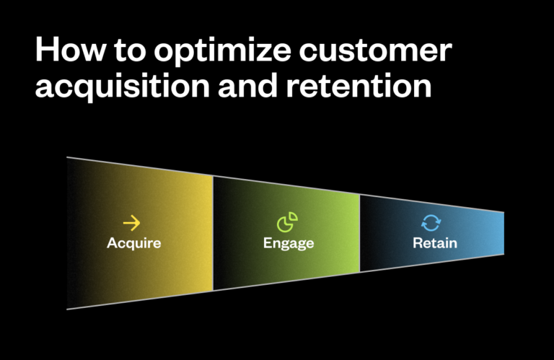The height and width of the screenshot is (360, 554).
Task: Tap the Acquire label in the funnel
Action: [134, 243]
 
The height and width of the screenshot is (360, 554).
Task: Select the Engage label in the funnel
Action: [289, 243]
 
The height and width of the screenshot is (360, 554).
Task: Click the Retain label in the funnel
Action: [435, 243]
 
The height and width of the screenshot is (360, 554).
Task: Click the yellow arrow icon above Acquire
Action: [132, 223]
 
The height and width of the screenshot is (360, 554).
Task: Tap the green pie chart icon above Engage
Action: [288, 222]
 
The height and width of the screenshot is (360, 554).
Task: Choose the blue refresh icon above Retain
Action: [431, 223]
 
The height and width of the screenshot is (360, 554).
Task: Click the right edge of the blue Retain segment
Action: [503, 233]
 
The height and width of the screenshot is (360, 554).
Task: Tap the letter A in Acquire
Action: [112, 243]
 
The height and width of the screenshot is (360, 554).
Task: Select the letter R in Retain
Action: [418, 243]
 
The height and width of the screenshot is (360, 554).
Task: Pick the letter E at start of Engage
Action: [267, 243]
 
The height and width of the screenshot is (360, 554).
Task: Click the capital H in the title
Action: [45, 53]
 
